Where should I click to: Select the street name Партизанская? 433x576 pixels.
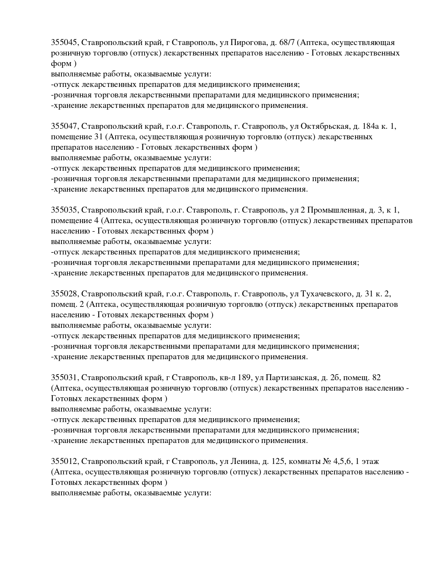(x=292, y=378)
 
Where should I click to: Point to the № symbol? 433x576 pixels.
(x=327, y=461)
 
